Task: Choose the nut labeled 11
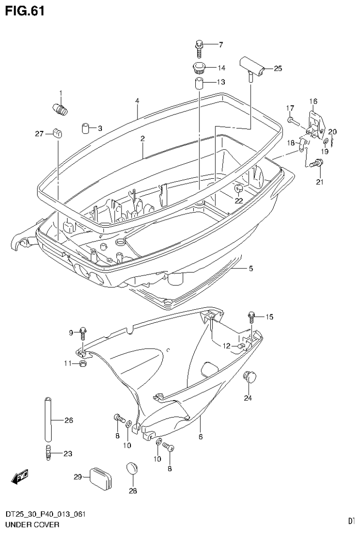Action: tap(83, 364)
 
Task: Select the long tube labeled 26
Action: tap(47, 419)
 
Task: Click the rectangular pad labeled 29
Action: tap(101, 478)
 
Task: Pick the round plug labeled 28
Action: tap(132, 469)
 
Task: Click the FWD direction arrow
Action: tap(20, 478)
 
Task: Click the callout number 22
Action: tap(239, 201)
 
